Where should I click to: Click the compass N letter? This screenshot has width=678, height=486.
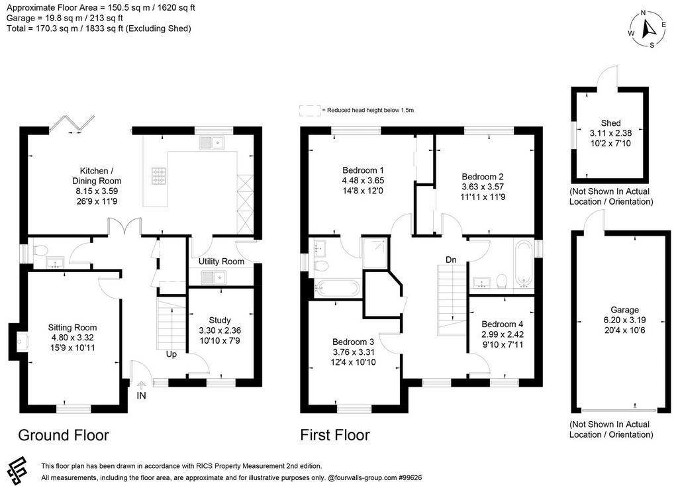tap(643, 13)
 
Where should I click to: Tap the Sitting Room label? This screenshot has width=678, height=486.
tap(72, 328)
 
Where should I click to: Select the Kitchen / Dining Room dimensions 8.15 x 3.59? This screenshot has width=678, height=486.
tap(97, 191)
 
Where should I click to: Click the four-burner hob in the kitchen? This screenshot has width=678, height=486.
tap(158, 175)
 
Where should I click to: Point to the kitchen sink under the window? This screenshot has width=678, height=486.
tap(213, 142)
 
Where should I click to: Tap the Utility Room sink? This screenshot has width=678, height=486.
tap(213, 277)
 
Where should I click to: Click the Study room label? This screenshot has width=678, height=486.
tap(220, 320)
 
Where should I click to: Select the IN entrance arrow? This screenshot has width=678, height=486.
tap(142, 384)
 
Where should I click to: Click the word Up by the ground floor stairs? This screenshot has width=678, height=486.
tap(171, 354)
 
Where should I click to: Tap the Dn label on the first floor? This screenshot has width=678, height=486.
tap(451, 260)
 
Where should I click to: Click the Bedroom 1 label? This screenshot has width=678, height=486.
tap(363, 170)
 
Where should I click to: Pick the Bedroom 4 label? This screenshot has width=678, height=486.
tap(503, 324)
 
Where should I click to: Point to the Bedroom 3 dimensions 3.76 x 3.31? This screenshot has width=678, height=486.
tap(354, 352)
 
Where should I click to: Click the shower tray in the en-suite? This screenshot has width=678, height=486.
tap(376, 253)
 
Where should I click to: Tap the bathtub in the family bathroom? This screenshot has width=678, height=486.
tap(524, 264)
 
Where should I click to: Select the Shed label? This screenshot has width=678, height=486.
tap(610, 123)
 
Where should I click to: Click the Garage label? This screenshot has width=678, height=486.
tap(624, 310)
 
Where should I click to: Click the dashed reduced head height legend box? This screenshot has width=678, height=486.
tap(310, 111)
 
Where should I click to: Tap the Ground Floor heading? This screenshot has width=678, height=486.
tap(64, 435)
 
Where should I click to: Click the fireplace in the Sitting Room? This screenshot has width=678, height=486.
tap(19, 342)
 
